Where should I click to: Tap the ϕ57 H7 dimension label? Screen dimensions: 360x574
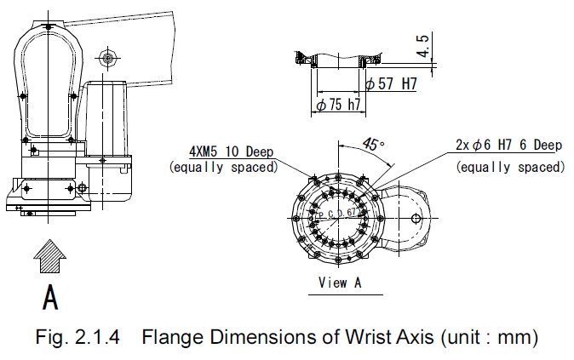[x=390, y=85]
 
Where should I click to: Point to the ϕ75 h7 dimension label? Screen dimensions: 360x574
[x=338, y=105]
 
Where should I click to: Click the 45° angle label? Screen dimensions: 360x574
[x=371, y=146]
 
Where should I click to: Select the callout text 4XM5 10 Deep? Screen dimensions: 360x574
[x=231, y=152]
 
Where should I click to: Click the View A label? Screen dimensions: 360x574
[x=339, y=283]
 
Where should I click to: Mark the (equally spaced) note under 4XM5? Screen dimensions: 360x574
[x=223, y=167]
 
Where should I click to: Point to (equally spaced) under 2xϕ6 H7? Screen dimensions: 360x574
[x=509, y=167]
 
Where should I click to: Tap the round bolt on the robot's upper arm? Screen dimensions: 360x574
[x=106, y=57]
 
